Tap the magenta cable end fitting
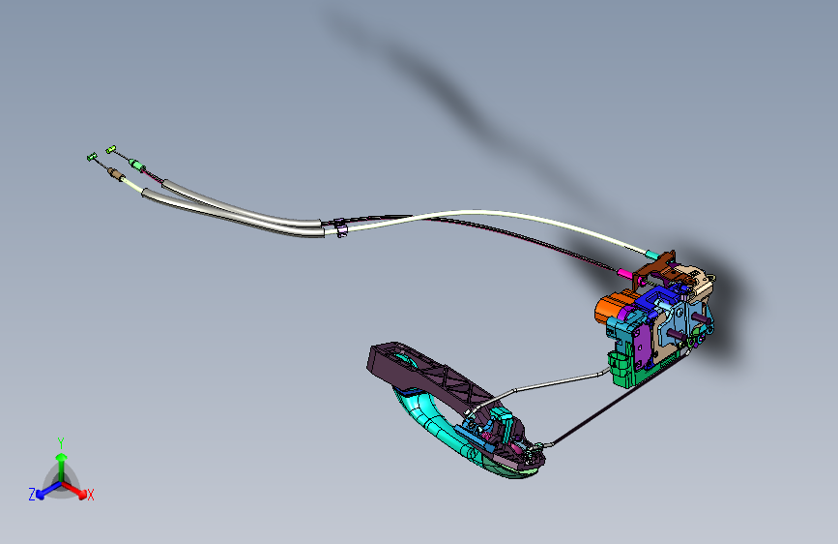[x=623, y=274]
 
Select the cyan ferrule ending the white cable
[x=652, y=255]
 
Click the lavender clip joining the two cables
[x=340, y=228]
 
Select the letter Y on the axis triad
[x=61, y=443]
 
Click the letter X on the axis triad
[x=91, y=495]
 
